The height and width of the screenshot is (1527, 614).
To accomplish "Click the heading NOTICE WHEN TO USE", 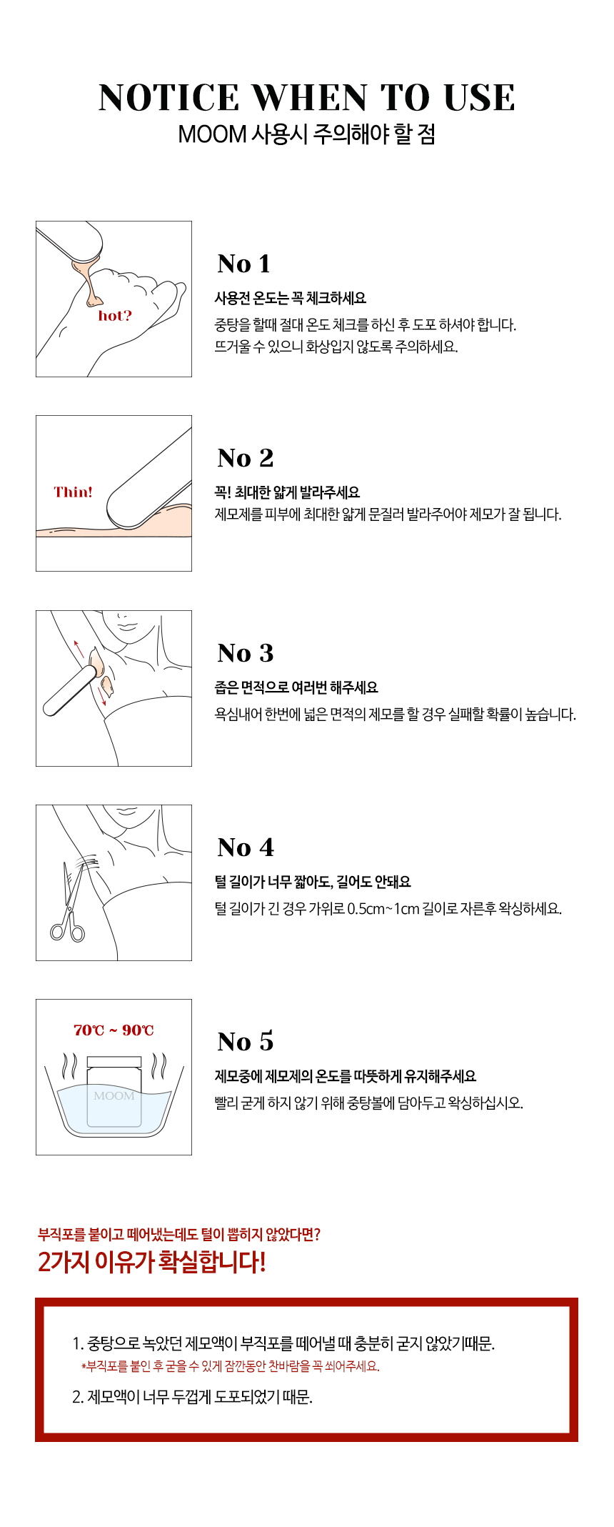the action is tap(307, 98).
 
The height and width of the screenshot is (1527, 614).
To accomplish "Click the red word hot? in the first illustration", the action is tap(115, 316).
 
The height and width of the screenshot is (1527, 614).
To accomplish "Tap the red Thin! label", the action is tap(73, 492).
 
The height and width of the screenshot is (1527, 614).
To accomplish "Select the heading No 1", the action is tap(244, 264).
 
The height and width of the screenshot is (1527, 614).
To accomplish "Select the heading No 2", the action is tap(246, 458).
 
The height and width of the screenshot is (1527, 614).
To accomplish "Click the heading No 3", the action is tap(246, 653).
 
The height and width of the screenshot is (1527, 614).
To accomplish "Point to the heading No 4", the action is tap(246, 847).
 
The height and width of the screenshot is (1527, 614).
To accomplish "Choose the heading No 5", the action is tap(246, 1042).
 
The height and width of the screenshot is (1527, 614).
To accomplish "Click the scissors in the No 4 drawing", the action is tap(69, 904).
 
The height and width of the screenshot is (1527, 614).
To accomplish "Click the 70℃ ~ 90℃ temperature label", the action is tap(114, 1030).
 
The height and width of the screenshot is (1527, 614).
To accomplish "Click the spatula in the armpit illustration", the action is tap(70, 690).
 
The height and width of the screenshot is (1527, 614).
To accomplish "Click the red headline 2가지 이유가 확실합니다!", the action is tap(152, 1262).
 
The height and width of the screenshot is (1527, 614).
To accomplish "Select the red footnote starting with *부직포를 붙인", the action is tap(231, 1366).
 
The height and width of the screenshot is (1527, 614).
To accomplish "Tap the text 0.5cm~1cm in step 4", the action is tap(383, 909).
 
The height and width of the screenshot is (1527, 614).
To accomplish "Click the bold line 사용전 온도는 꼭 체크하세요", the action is tap(291, 298).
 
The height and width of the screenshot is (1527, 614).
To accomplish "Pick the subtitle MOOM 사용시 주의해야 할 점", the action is tap(307, 134).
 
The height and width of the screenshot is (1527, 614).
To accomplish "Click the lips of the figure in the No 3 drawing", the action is tap(128, 627).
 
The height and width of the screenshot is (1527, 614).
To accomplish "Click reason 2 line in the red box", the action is tap(193, 1397).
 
